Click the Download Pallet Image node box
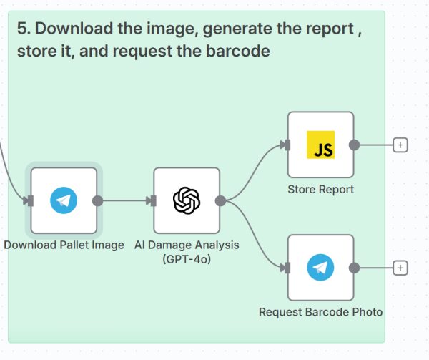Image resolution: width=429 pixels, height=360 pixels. coord(64,201)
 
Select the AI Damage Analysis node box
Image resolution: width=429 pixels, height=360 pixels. coord(187,201)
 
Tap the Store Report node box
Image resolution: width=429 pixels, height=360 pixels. coord(320,145)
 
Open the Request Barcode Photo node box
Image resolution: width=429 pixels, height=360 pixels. coord(320,268)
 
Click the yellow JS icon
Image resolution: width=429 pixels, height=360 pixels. coord(320,145)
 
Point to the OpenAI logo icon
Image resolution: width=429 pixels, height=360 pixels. coord(187,201)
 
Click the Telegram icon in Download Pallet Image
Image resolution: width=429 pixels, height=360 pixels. coord(64,201)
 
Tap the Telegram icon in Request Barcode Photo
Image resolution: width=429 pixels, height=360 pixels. coord(320,268)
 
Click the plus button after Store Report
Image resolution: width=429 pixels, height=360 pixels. coord(400,145)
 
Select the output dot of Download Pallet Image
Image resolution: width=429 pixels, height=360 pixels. coord(98,201)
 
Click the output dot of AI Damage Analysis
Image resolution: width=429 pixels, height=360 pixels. coord(221,201)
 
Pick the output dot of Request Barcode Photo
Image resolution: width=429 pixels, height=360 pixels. coord(355,268)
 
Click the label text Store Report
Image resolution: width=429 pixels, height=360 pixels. coord(320,190)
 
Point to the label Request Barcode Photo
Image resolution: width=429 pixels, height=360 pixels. coord(320,312)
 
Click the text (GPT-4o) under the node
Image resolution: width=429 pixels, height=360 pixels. coord(187,258)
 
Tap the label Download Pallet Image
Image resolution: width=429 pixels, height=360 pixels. coord(64,245)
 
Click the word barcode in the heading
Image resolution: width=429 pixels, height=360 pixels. coord(244,52)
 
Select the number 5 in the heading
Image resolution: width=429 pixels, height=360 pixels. coord(21,29)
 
